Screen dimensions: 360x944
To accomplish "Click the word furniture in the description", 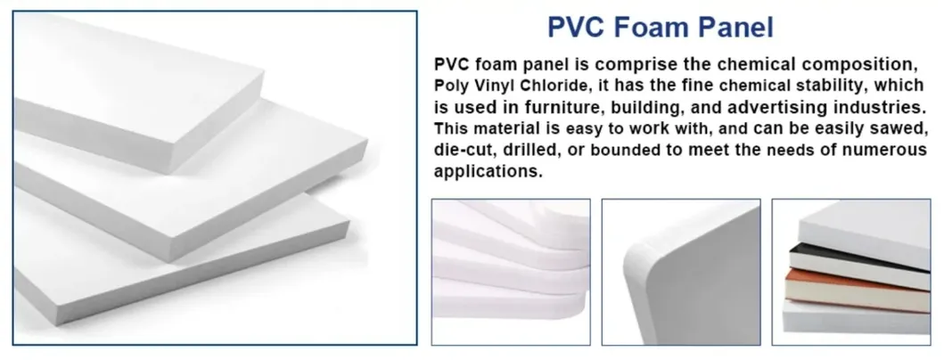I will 550,107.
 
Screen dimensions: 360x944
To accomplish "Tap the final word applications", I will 488,172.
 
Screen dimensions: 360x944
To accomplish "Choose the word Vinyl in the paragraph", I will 509,86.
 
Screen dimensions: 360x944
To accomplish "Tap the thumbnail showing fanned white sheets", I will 511,272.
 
